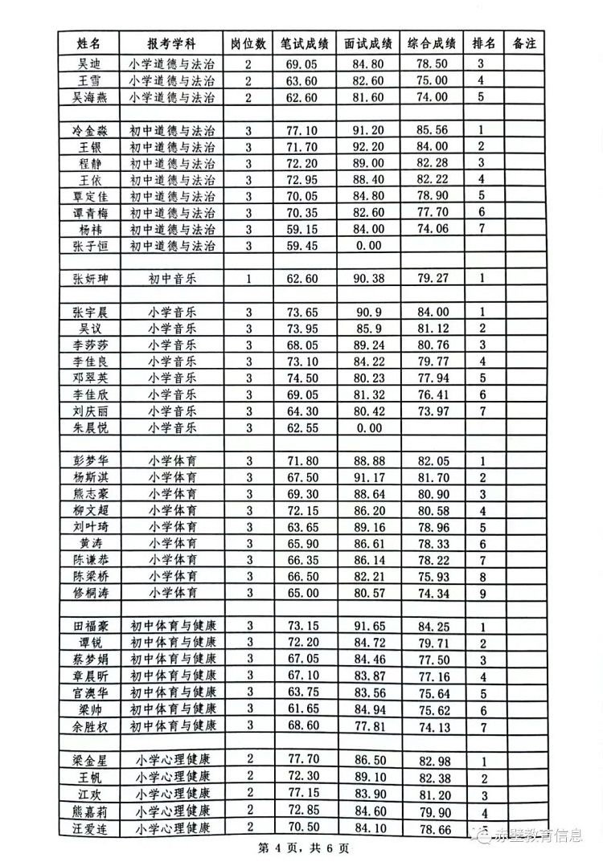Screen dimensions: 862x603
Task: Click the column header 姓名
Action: point(89,43)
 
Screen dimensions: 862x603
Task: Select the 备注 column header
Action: point(523,43)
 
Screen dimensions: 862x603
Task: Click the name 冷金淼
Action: point(89,130)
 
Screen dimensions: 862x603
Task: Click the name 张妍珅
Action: point(89,279)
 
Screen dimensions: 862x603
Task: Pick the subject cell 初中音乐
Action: point(172,279)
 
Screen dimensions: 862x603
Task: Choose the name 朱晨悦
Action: point(89,427)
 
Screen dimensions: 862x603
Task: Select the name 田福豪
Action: point(89,627)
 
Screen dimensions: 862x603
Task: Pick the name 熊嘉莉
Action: point(89,811)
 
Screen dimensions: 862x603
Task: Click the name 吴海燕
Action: point(89,97)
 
